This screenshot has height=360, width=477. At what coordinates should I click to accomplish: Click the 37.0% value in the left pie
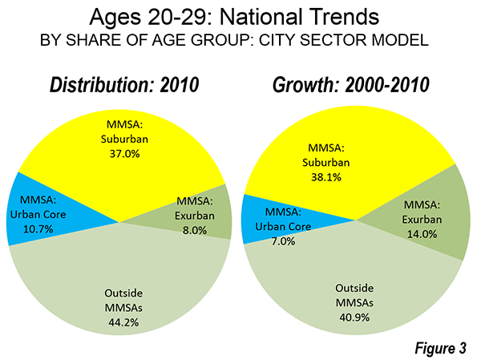124,154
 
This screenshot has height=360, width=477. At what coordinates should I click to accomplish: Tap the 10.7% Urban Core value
38,229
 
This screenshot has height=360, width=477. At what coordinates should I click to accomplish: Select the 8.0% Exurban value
195,230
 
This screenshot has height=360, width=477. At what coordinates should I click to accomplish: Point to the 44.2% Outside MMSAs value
123,322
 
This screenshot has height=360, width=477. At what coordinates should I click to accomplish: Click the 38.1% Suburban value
326,177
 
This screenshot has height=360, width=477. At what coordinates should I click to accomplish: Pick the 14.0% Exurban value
422,234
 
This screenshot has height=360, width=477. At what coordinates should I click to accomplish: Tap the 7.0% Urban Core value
283,241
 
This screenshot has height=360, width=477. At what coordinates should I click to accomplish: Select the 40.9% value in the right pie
354,318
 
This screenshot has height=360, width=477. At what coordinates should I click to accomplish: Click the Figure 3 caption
440,348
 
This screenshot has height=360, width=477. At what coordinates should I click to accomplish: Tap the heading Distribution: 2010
124,85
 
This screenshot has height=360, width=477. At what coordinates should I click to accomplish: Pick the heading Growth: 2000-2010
351,85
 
